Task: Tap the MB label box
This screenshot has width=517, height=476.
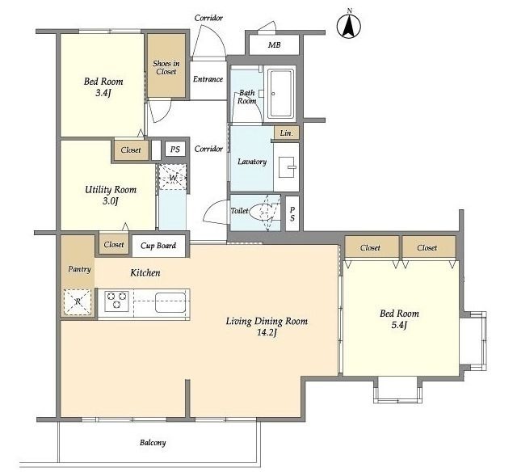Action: pyautogui.click(x=274, y=44)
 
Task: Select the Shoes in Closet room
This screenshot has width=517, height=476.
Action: pyautogui.click(x=166, y=65)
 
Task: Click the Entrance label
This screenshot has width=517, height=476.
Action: pyautogui.click(x=208, y=79)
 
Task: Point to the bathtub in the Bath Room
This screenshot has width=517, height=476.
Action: pyautogui.click(x=280, y=94)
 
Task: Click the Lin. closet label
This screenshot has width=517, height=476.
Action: pyautogui.click(x=286, y=133)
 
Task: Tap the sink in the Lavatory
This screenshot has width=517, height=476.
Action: pyautogui.click(x=288, y=167)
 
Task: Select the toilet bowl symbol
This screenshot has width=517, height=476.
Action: pyautogui.click(x=261, y=211)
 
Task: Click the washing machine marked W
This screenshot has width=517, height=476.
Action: pyautogui.click(x=173, y=178)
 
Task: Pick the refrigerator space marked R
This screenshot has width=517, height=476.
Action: pyautogui.click(x=78, y=302)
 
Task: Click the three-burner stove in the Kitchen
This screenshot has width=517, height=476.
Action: pyautogui.click(x=116, y=301)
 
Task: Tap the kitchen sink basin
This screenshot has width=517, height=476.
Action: pyautogui.click(x=170, y=302)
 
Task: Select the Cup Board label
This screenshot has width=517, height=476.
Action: pyautogui.click(x=158, y=246)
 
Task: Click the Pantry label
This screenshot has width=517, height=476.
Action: pyautogui.click(x=79, y=269)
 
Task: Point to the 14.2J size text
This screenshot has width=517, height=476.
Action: pyautogui.click(x=267, y=332)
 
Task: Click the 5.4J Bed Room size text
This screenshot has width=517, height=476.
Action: pyautogui.click(x=399, y=325)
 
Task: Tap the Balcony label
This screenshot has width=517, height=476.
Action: pyautogui.click(x=153, y=442)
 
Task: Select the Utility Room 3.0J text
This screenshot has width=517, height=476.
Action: pyautogui.click(x=111, y=196)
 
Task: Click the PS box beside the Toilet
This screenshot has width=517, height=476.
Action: pyautogui.click(x=292, y=213)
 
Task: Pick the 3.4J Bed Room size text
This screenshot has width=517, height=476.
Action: pyautogui.click(x=103, y=93)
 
